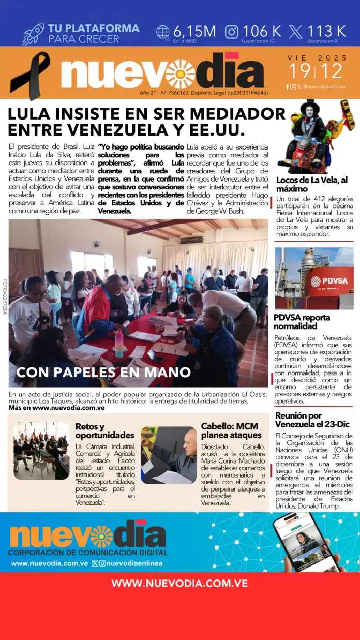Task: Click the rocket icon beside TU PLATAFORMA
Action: [x=33, y=33]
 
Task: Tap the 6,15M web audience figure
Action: [x=194, y=31]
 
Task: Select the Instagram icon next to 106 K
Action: [x=232, y=32]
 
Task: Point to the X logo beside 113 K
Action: [x=296, y=32]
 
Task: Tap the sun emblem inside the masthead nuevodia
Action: [x=180, y=73]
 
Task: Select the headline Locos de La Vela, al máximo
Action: [x=311, y=184]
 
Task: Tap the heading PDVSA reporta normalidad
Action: [x=302, y=322]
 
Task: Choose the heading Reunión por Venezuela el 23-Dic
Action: [x=312, y=420]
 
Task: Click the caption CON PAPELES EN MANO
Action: [x=103, y=372]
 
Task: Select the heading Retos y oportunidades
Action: [x=104, y=431]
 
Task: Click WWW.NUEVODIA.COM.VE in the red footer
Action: [x=179, y=583]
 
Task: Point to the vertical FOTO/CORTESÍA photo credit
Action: [x=5, y=295]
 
